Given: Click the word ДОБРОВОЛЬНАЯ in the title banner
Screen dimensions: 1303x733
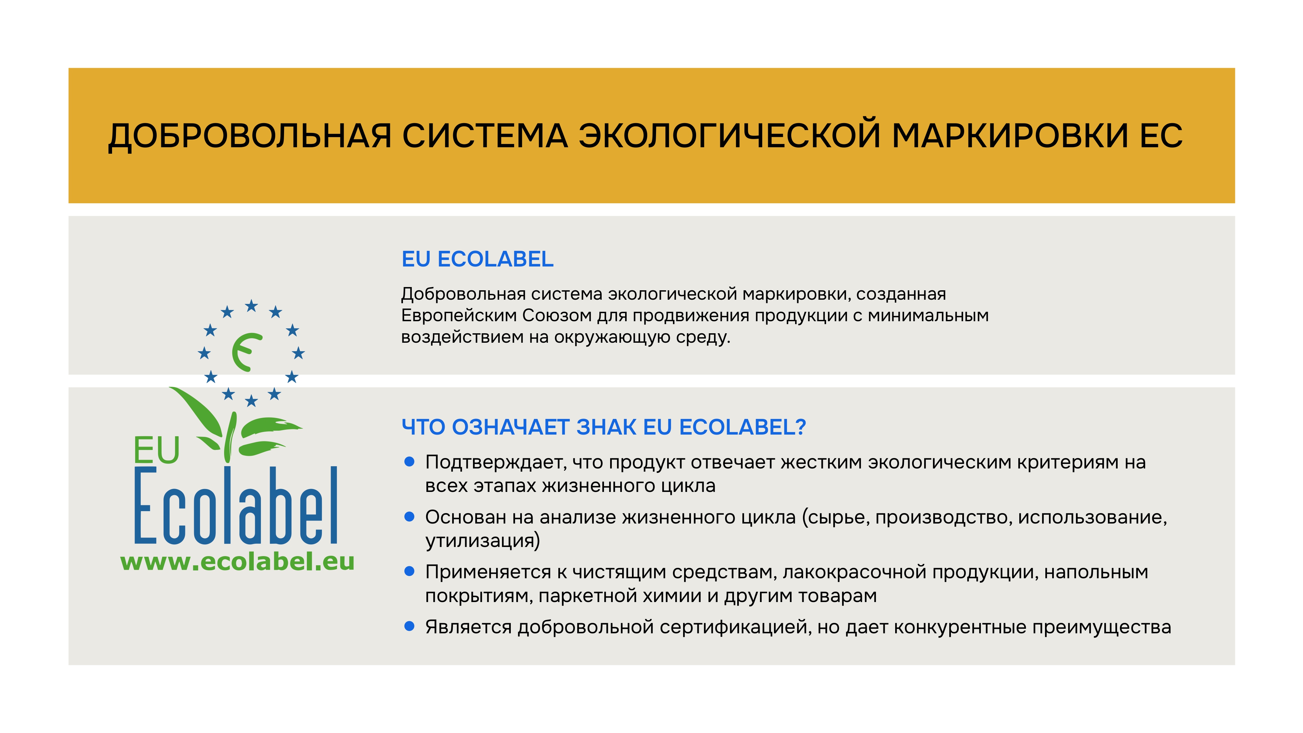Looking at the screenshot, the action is (x=250, y=136).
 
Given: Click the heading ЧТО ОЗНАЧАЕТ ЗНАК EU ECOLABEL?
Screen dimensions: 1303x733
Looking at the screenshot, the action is (x=603, y=427).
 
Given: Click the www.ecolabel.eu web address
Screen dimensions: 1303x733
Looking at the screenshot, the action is (x=237, y=562).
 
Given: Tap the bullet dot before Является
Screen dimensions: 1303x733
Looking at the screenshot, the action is (x=410, y=626).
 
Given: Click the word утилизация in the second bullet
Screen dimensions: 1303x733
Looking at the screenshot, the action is (x=480, y=541).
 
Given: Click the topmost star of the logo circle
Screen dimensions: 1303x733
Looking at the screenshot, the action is (x=251, y=306).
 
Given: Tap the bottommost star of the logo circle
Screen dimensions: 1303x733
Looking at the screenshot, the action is (x=251, y=401).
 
